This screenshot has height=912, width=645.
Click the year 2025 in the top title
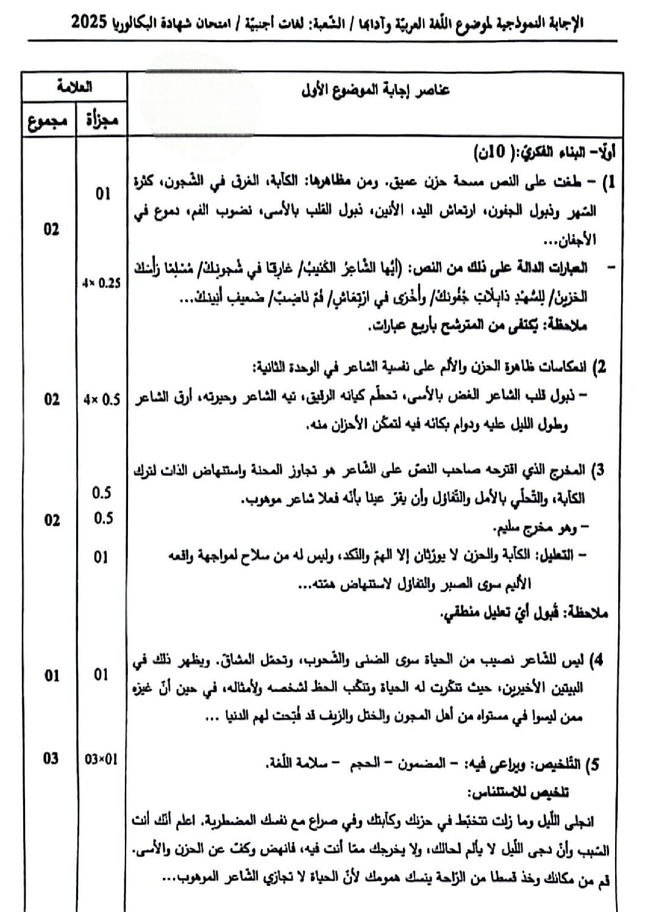(x=91, y=24)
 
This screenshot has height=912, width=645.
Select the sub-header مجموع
(x=47, y=120)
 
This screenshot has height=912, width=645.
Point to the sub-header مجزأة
(x=101, y=120)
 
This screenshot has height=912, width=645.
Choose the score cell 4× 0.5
(x=102, y=400)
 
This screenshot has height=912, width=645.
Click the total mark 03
(x=51, y=758)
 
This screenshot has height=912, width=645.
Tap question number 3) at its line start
(x=600, y=470)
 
